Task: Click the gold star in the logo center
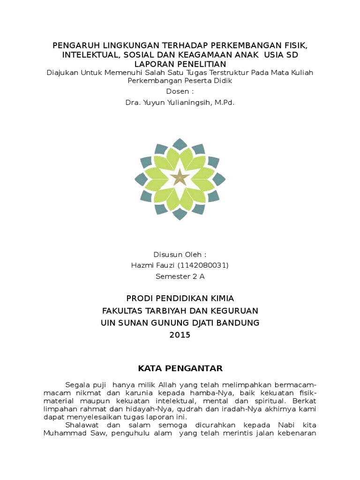click(180, 178)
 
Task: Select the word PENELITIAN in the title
click(203, 64)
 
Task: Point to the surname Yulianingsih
click(189, 102)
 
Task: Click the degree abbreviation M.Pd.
click(225, 102)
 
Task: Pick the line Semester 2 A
click(180, 276)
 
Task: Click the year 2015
click(180, 335)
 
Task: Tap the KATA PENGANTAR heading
click(180, 367)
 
